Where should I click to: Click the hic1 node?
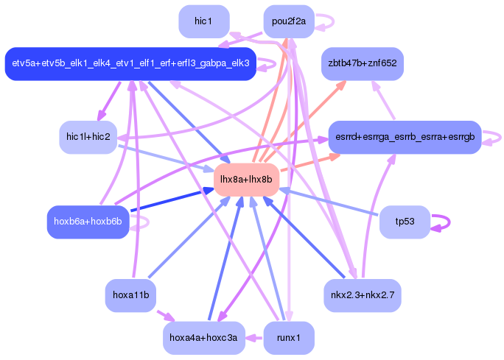click(203, 21)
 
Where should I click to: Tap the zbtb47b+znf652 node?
click(362, 64)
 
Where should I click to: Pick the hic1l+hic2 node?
click(88, 138)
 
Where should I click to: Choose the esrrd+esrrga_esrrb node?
click(405, 138)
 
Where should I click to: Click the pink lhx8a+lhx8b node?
click(246, 180)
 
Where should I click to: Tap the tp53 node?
click(405, 222)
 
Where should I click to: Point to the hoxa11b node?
click(130, 295)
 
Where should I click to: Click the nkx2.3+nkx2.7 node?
click(362, 295)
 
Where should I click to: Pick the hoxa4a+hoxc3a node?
click(203, 338)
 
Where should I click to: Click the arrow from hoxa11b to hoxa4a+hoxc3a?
click(166, 317)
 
